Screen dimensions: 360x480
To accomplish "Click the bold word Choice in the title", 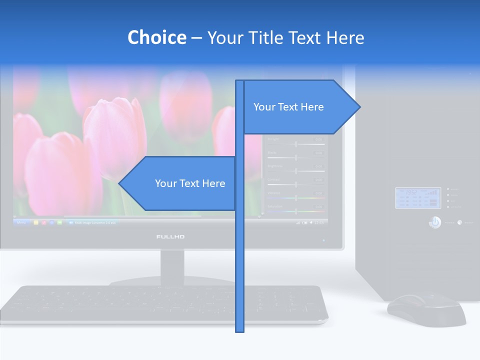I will click(156, 37).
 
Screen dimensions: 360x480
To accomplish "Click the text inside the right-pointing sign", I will click(288, 107).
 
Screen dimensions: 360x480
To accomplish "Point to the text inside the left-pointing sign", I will click(190, 183).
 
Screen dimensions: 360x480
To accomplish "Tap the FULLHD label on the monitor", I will click(170, 236).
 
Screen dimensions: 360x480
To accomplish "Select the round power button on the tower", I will click(435, 222).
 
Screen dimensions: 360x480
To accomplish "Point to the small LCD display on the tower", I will click(411, 198).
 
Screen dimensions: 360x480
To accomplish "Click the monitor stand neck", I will click(172, 265).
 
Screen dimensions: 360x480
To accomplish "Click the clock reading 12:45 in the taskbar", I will click(318, 222).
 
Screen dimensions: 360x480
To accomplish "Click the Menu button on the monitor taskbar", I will click(21, 222).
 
